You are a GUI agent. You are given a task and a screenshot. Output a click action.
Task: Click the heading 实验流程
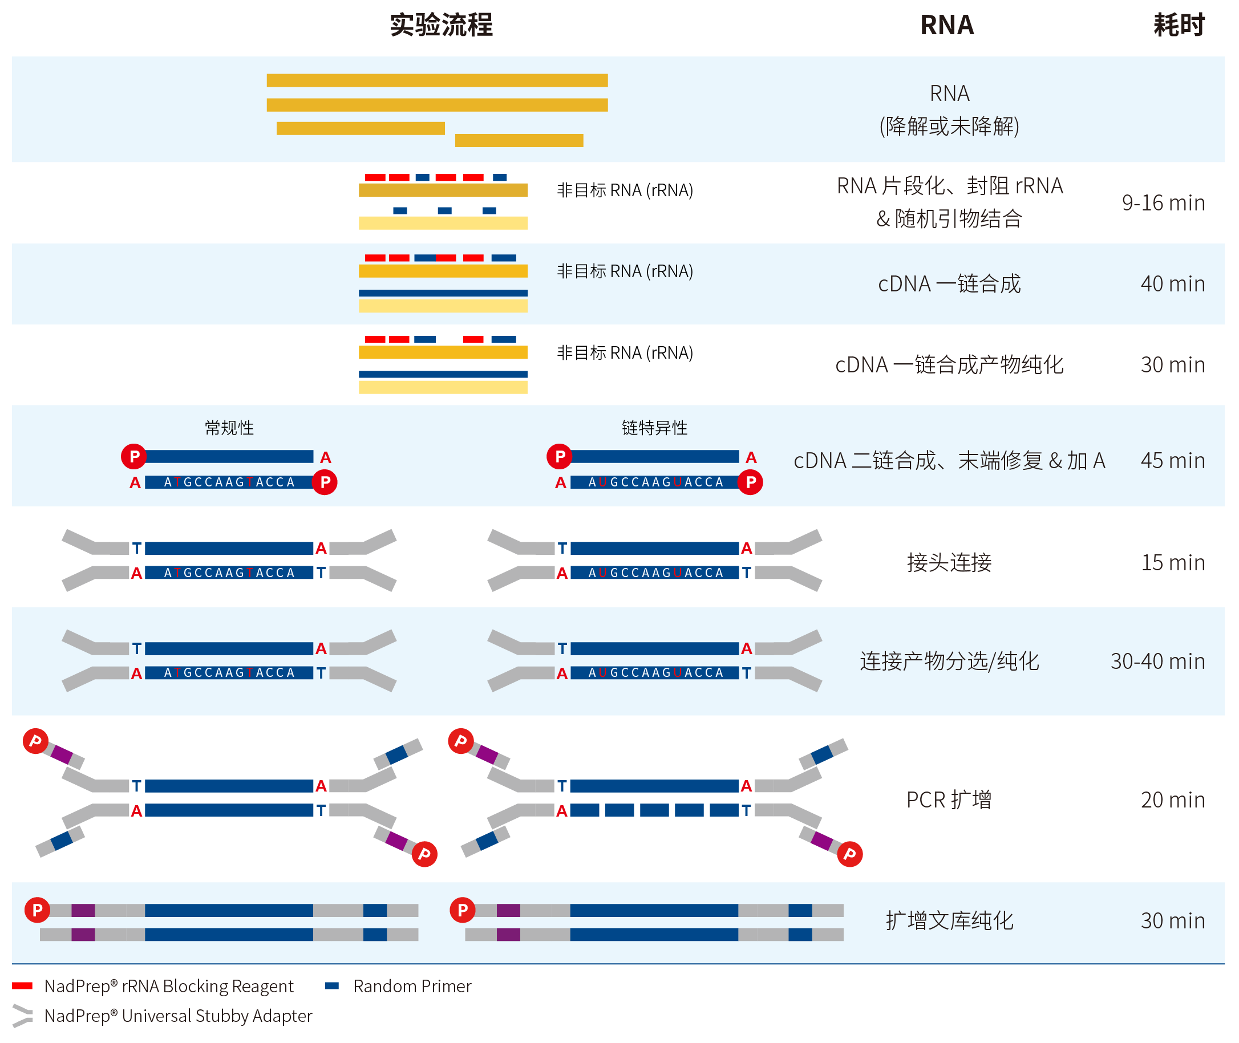440,25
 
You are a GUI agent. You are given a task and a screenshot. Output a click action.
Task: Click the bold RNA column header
946,25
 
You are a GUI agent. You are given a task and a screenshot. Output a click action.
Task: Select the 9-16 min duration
1163,203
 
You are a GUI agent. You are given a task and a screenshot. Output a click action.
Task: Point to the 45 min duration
1172,461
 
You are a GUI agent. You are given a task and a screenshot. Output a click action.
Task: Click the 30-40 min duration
1157,661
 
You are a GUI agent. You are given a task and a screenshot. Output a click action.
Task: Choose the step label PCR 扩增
949,800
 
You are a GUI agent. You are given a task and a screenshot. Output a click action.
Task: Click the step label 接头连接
949,562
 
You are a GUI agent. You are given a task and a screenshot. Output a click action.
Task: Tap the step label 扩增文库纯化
949,920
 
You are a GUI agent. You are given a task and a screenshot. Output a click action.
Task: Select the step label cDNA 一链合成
949,284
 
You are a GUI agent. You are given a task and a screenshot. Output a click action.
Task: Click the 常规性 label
229,428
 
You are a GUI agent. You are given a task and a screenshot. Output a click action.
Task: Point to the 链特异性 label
654,428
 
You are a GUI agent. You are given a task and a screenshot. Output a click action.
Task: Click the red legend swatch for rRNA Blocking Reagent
22,985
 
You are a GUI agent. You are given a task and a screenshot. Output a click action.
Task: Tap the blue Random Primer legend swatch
332,985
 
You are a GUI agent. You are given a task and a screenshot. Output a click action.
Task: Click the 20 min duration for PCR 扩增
1172,800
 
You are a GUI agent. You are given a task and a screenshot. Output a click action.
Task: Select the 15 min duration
1172,562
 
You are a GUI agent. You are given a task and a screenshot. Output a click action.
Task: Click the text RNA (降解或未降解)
949,110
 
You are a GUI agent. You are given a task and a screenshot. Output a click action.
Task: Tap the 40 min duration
1172,284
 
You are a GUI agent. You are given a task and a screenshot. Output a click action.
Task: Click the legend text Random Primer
412,986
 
